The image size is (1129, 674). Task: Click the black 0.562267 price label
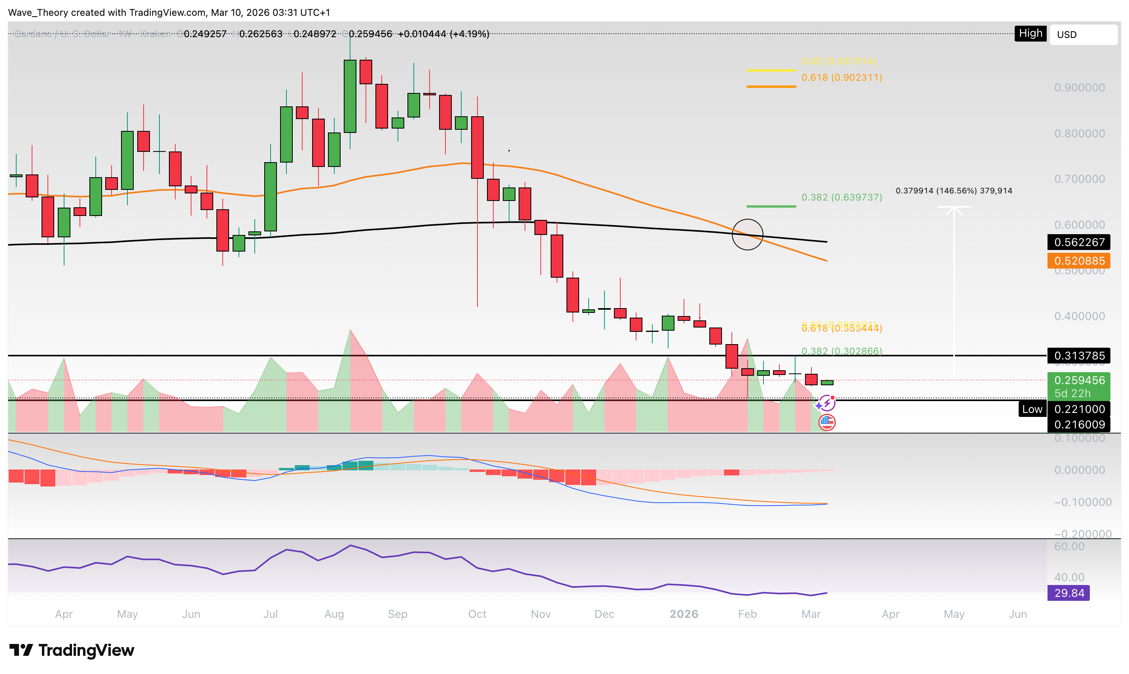pyautogui.click(x=1079, y=242)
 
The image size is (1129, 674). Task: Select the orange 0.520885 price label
pyautogui.click(x=1079, y=261)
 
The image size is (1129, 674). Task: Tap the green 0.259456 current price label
pyautogui.click(x=1079, y=381)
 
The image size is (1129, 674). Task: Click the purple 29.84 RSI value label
pyautogui.click(x=1068, y=593)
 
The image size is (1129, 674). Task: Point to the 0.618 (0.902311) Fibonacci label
pyautogui.click(x=841, y=78)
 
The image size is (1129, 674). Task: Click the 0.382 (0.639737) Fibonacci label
pyautogui.click(x=841, y=197)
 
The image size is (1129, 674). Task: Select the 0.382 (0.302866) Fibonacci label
pyautogui.click(x=841, y=350)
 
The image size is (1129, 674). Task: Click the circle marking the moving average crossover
pyautogui.click(x=747, y=234)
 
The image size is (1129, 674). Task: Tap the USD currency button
pyautogui.click(x=1083, y=34)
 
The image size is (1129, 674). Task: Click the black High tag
pyautogui.click(x=1030, y=34)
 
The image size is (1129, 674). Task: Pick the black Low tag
pyautogui.click(x=1032, y=409)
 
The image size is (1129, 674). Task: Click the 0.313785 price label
pyautogui.click(x=1079, y=356)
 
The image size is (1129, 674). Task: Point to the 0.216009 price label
pyautogui.click(x=1079, y=425)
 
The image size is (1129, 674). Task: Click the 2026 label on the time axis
pyautogui.click(x=684, y=614)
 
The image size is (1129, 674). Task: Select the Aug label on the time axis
pyautogui.click(x=334, y=614)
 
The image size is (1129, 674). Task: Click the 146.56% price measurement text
pyautogui.click(x=954, y=191)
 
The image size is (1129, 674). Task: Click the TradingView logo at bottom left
pyautogui.click(x=72, y=650)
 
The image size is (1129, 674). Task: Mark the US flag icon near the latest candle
pyautogui.click(x=826, y=422)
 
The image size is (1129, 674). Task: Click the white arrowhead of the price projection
pyautogui.click(x=954, y=209)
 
